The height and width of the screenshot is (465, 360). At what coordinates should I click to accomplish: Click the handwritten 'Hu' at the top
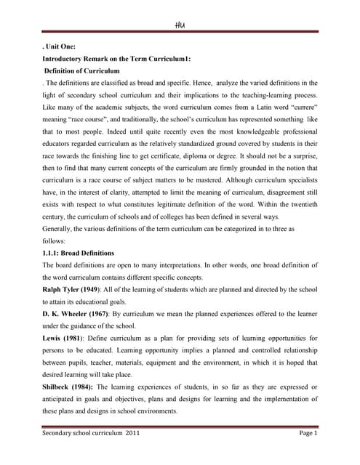pos(180,24)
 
